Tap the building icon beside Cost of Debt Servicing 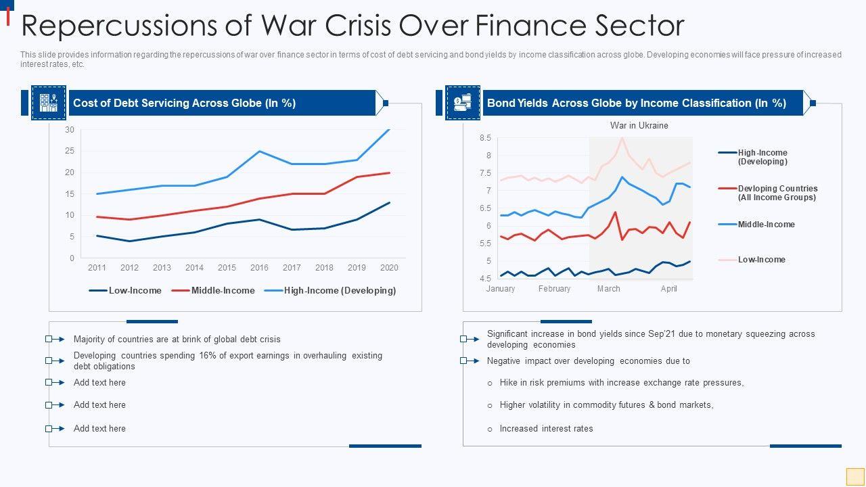(x=49, y=103)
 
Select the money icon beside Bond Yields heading (x=463, y=103)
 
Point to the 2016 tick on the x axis (x=259, y=267)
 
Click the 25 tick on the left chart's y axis (x=70, y=151)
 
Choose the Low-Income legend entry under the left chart (x=126, y=291)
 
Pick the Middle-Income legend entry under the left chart (x=213, y=291)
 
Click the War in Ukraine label (x=639, y=125)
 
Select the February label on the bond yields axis (x=554, y=289)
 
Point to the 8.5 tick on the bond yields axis (x=485, y=138)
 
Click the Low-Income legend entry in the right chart (x=761, y=260)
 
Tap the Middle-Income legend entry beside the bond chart (x=766, y=225)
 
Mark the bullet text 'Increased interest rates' (x=546, y=429)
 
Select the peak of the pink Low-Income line (x=622, y=138)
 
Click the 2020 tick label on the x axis (x=389, y=267)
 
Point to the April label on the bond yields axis (x=668, y=289)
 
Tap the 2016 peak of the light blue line (x=259, y=151)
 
